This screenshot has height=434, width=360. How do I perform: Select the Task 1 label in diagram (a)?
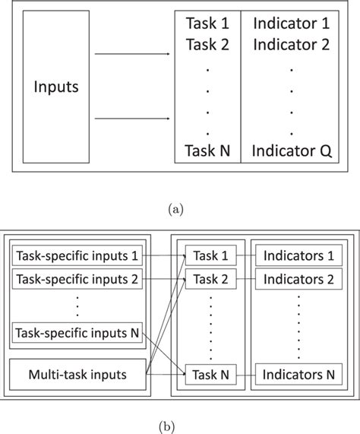(207, 24)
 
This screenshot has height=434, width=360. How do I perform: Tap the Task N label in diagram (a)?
(207, 150)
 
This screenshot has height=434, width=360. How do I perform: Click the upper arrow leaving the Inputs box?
(137, 55)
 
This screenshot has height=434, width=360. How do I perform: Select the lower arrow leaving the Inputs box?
(137, 119)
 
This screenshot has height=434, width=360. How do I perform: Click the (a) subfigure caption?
(179, 206)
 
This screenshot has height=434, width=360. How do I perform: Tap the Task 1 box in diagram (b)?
(210, 257)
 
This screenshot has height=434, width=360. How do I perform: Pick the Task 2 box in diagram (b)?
(210, 279)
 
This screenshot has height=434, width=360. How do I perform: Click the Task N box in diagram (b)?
(210, 373)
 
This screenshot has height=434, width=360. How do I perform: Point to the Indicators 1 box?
(298, 257)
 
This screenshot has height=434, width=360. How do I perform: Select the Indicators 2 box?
(298, 279)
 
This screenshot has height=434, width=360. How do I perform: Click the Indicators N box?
(298, 373)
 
